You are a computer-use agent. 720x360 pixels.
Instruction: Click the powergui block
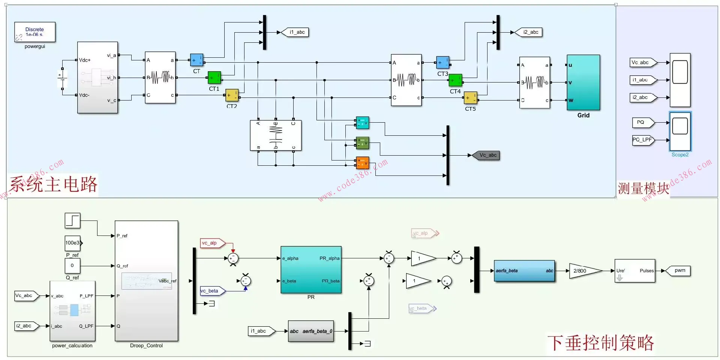(35, 32)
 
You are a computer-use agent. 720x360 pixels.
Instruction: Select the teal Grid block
(583, 82)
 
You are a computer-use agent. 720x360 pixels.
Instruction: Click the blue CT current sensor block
(196, 60)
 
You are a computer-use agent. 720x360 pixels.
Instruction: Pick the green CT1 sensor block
(214, 78)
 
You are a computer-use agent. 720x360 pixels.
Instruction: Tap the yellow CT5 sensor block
(470, 98)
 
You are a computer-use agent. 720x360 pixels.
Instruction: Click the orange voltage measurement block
(362, 163)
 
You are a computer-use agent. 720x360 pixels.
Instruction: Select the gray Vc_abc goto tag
(486, 155)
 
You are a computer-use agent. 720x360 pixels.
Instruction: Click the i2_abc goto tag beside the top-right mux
(529, 32)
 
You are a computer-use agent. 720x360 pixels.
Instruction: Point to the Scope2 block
(680, 131)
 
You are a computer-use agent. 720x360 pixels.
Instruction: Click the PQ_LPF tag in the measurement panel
(643, 140)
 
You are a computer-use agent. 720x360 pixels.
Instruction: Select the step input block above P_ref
(72, 220)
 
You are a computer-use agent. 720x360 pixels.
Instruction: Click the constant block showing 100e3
(73, 243)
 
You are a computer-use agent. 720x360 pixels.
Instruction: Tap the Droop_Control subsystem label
(146, 346)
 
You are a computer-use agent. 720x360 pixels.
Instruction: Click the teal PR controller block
(311, 270)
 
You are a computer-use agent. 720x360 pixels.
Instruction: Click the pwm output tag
(678, 271)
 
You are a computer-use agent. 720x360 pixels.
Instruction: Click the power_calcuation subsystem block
(72, 311)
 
